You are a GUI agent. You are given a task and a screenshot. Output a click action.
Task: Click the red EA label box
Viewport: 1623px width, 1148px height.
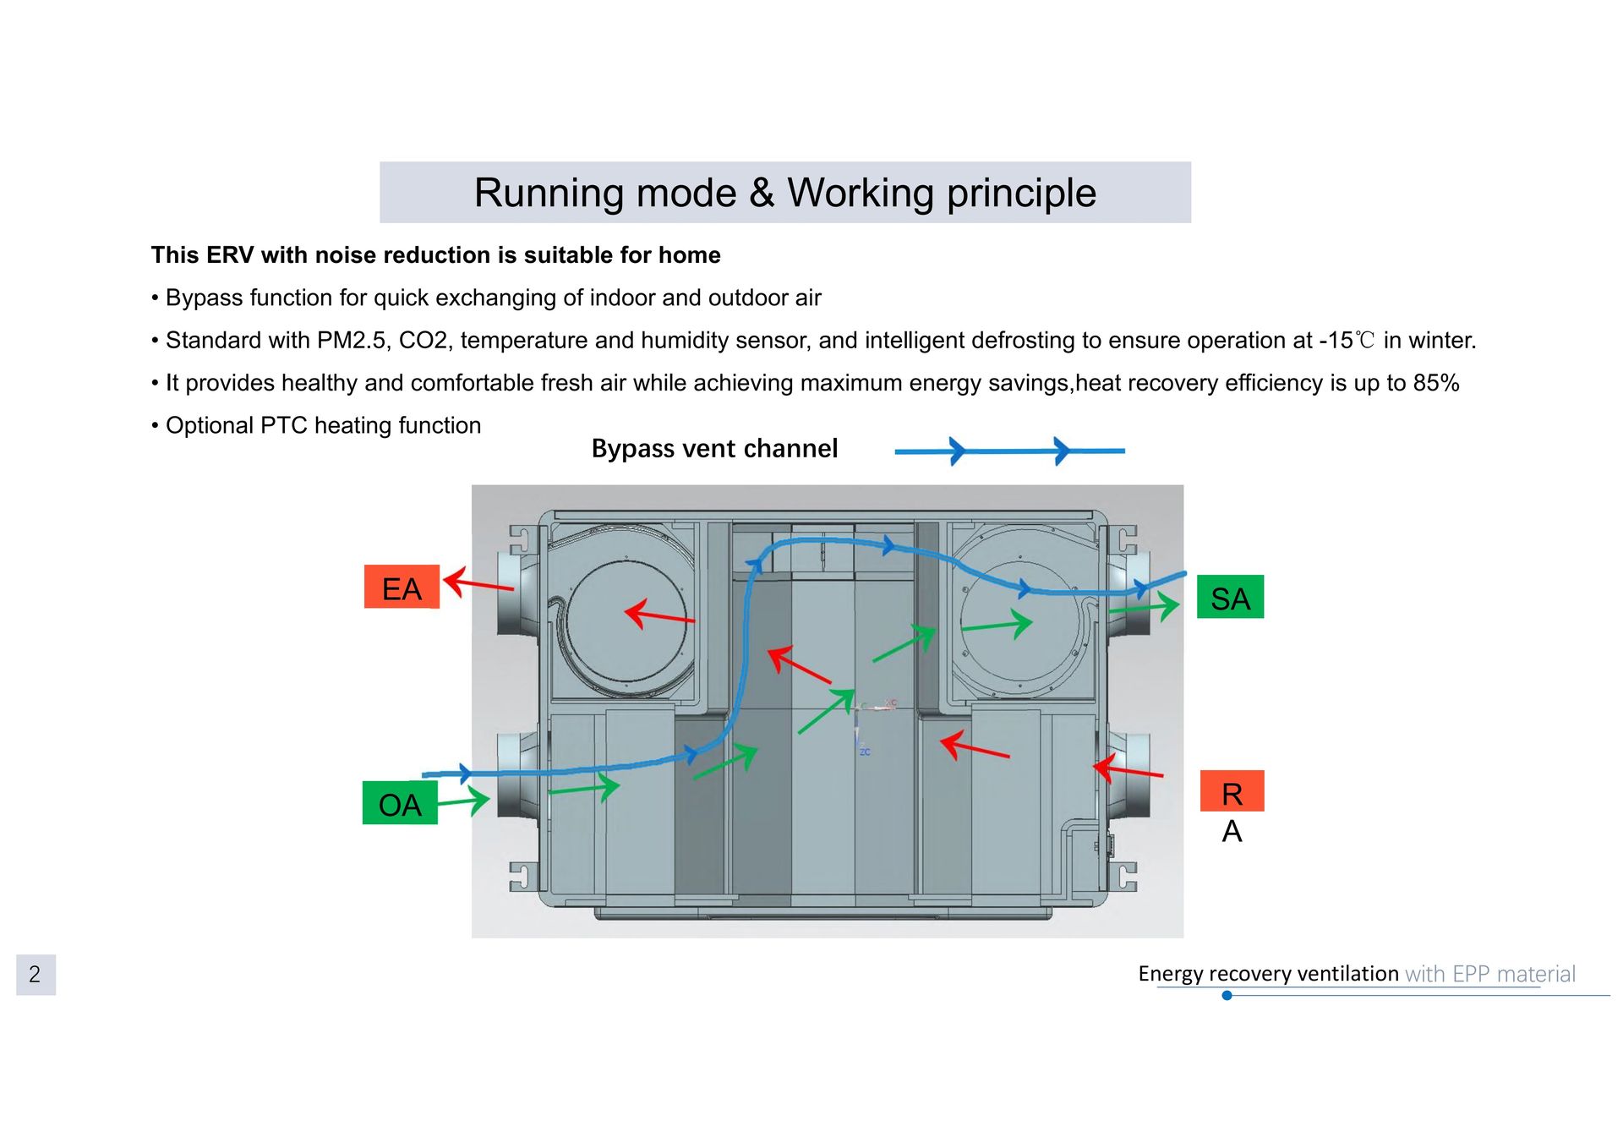pos(402,587)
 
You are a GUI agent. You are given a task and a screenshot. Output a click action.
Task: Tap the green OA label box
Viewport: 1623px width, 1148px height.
pos(400,803)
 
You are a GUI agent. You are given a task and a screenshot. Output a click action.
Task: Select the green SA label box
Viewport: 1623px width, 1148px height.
pos(1230,597)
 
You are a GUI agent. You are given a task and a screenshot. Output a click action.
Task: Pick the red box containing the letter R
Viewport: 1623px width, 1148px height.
pos(1232,791)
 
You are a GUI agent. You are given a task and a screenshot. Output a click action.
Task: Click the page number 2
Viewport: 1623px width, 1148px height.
pos(36,975)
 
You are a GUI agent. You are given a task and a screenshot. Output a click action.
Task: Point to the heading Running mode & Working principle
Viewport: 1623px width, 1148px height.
pos(785,193)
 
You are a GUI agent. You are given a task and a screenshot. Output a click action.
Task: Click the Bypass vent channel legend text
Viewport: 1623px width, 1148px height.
pos(714,448)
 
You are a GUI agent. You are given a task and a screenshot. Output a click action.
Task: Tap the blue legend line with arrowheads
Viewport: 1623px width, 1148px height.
pos(1009,451)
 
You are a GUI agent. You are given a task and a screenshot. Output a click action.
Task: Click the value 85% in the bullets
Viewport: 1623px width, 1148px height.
pos(1436,383)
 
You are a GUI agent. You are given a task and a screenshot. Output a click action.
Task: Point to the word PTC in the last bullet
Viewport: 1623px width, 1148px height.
pos(284,425)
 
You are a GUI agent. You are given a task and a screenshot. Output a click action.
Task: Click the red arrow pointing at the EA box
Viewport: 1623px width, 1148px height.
pos(478,583)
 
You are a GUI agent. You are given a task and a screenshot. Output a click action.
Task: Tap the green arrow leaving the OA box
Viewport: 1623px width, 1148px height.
pos(463,800)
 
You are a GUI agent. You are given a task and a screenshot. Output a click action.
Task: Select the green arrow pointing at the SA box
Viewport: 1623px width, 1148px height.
pos(1144,606)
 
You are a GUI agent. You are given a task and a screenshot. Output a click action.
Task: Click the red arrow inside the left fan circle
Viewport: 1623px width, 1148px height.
pos(659,615)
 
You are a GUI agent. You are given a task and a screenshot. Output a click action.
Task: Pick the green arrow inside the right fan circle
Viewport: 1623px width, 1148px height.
pos(997,625)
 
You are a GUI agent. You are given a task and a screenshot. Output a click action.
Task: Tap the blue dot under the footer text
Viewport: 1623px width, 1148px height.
pos(1227,996)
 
